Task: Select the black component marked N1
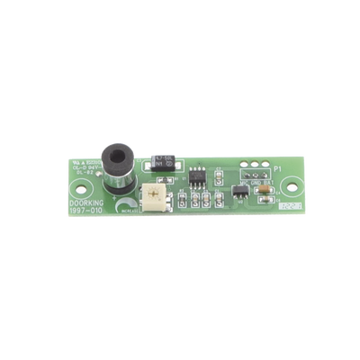point(164,164)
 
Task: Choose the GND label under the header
point(256,183)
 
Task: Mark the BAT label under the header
point(267,184)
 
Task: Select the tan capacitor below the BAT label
point(267,194)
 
